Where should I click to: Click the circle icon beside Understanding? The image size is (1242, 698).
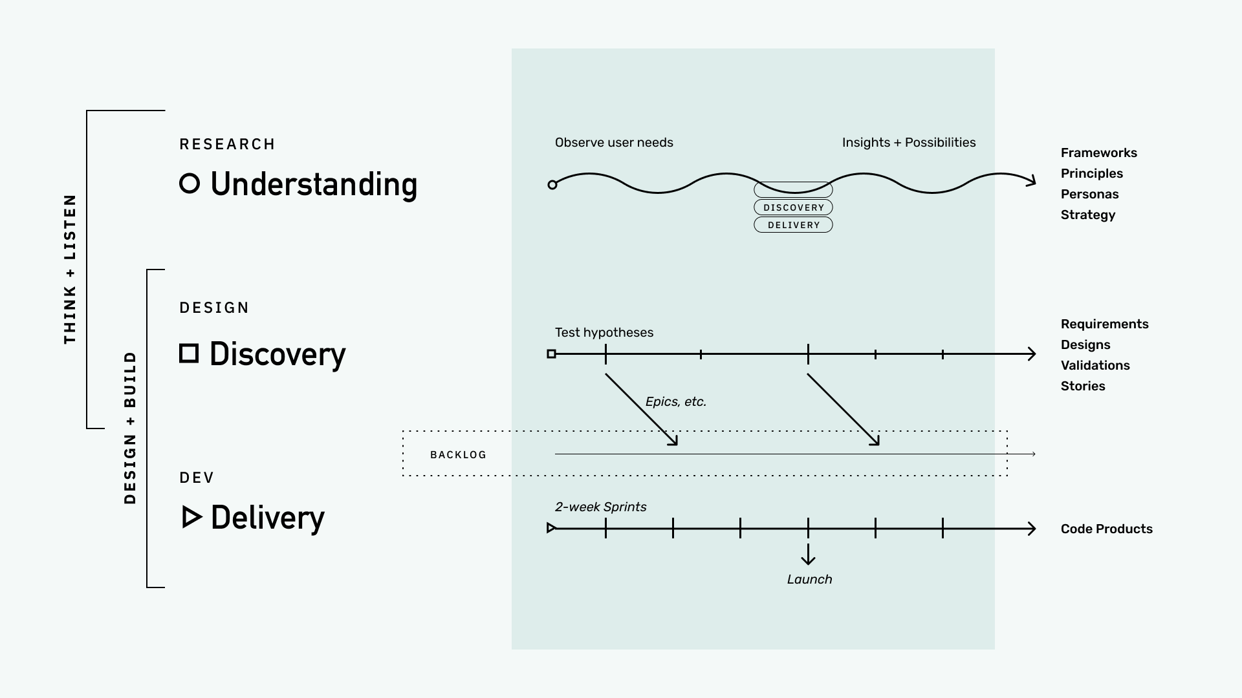coord(190,184)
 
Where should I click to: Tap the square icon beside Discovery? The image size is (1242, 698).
coord(189,354)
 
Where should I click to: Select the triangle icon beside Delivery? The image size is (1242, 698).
coord(191,517)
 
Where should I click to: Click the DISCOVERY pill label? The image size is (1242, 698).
coord(793,207)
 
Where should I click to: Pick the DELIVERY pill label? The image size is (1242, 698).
coord(793,225)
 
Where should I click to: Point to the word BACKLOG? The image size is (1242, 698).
coord(458,455)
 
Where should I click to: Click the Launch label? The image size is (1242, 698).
coord(809,579)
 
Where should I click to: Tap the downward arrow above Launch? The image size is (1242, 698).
coord(808,555)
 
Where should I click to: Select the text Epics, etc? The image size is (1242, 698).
coord(675,401)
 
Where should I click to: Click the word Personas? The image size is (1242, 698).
coord(1089,194)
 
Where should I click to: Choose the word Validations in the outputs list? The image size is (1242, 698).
coord(1095,365)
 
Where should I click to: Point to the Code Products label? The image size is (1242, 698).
coord(1106,529)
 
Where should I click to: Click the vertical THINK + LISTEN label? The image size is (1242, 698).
coord(70,269)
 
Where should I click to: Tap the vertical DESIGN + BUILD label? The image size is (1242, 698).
coord(130,428)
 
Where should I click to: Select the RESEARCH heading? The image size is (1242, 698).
coord(227,144)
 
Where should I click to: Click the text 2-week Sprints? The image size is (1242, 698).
coord(600,507)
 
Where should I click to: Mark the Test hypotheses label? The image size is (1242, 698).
coord(604,332)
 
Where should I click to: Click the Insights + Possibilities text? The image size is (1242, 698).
coord(908,142)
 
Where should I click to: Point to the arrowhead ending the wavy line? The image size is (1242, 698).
coord(1030,180)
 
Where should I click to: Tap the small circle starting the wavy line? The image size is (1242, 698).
coord(552,185)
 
